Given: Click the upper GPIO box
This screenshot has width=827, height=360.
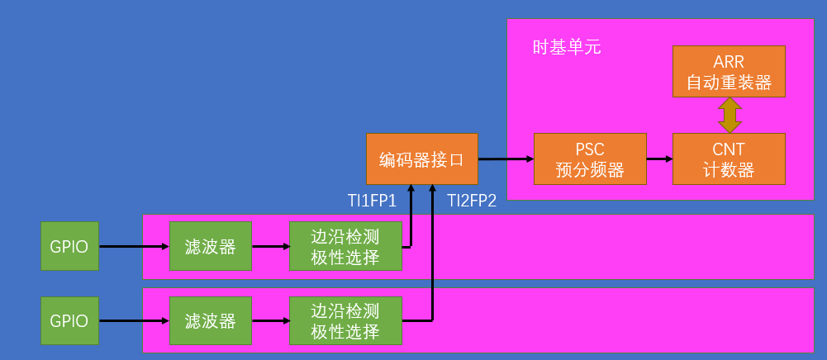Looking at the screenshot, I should tap(69, 246).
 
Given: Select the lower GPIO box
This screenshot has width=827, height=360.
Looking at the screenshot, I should tap(69, 320).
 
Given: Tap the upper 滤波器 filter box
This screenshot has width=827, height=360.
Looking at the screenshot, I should tap(210, 246).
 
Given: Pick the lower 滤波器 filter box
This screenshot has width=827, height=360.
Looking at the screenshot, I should tap(210, 320).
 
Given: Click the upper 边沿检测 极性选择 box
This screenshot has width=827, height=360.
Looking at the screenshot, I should tap(345, 246).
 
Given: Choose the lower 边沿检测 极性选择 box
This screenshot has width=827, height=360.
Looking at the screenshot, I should tap(345, 320).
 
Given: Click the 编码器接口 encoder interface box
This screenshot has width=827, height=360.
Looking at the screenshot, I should tap(421, 159).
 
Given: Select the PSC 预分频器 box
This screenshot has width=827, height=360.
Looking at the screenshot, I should tap(589, 159).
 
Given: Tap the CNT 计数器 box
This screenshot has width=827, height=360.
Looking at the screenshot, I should tap(729, 159).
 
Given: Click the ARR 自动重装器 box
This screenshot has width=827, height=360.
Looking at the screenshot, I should tap(729, 72).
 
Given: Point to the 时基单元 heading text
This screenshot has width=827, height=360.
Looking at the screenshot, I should tap(567, 47).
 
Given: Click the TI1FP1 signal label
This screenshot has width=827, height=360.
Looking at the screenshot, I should tap(373, 201).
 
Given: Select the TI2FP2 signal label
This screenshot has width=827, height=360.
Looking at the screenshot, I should tap(472, 201).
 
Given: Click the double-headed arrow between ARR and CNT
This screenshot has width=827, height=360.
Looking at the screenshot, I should tap(729, 115).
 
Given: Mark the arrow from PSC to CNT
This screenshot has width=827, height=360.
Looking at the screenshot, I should tap(658, 159).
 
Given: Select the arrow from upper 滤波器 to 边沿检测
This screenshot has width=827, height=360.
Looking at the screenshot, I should tap(270, 246).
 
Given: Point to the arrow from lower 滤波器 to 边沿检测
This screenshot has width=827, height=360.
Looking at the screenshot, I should tap(270, 320).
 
